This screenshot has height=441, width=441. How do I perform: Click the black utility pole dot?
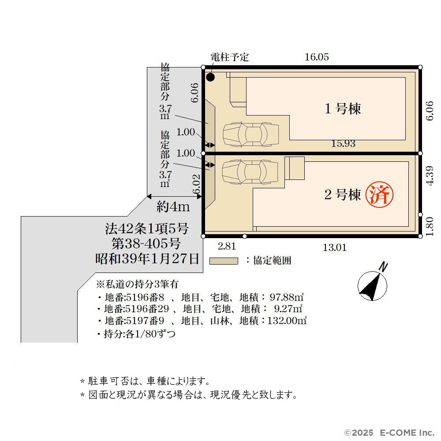point(210,77)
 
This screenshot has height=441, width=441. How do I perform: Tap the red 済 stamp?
point(379,194)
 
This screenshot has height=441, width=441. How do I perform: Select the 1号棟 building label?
point(343,108)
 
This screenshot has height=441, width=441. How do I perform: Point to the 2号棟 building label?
point(343,194)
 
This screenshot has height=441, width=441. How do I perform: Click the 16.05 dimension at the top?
point(317,57)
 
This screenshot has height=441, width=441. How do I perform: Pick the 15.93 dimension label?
point(343,144)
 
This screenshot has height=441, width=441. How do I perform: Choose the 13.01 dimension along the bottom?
point(335,248)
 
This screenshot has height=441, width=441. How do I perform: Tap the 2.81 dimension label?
point(227,247)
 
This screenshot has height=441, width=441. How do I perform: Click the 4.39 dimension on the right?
point(430,176)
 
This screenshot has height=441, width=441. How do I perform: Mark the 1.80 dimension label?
point(430,226)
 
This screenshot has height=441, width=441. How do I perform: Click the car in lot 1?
point(251,135)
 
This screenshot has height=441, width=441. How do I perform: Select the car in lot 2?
point(250,172)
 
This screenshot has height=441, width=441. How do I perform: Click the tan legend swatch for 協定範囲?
point(224,261)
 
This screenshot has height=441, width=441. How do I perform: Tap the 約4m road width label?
point(173,207)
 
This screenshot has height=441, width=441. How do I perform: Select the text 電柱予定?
point(230,57)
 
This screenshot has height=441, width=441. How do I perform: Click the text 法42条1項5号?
point(147,229)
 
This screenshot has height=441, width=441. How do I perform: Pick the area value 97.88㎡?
point(287,297)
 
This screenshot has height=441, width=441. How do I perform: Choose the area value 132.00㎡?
point(287,321)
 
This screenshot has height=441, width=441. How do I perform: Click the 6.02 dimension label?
point(196,184)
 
